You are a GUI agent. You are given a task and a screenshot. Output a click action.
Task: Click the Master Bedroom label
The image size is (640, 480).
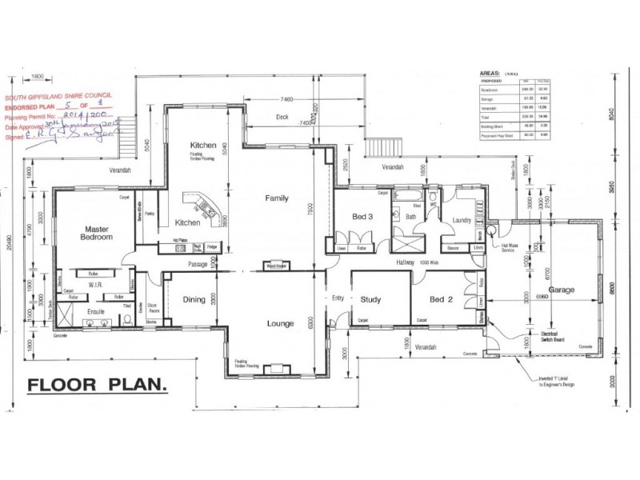click(x=95, y=233)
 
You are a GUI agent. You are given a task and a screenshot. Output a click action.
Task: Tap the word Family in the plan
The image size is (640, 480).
click(x=277, y=199)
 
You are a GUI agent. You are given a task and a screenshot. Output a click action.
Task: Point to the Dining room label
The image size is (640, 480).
click(x=194, y=301)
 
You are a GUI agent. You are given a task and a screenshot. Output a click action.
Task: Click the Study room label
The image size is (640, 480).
click(x=370, y=300)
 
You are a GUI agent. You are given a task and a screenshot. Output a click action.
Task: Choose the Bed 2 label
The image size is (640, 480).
click(x=442, y=300)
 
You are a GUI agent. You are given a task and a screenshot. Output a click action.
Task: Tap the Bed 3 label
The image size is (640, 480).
click(x=362, y=217)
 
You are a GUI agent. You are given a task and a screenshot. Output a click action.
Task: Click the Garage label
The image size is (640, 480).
click(x=562, y=290)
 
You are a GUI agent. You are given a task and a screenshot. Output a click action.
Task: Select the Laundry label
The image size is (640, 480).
click(x=462, y=219)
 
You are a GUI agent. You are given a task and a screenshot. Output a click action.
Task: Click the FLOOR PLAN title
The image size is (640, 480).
click(x=97, y=386)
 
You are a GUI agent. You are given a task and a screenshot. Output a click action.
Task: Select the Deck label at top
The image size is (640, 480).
click(x=281, y=117)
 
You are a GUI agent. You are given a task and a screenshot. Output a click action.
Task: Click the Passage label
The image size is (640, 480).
click(x=198, y=264)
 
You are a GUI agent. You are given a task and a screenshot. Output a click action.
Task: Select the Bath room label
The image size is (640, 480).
click(x=411, y=216)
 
